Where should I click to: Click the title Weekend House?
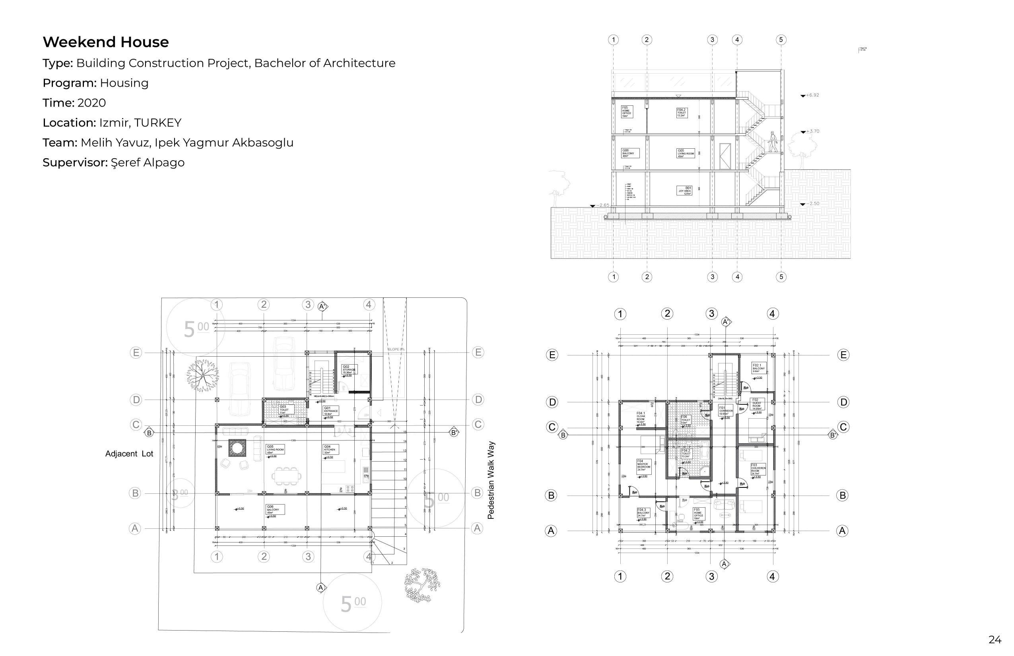(x=106, y=42)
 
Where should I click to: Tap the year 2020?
(x=91, y=103)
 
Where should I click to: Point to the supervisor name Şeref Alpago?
(x=148, y=163)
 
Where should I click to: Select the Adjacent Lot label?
(x=129, y=454)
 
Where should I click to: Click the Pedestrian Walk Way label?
(x=491, y=480)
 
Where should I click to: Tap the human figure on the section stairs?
(x=772, y=142)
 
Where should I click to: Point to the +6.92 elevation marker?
(x=810, y=95)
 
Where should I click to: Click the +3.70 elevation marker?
(x=810, y=132)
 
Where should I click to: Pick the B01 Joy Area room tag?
(x=684, y=190)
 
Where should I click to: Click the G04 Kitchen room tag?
(x=330, y=449)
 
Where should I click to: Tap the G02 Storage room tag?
(x=349, y=369)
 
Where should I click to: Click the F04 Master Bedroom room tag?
(x=643, y=465)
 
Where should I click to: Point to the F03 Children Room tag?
(x=758, y=469)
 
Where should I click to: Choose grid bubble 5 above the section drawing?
(x=781, y=40)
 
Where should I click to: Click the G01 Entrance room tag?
(x=330, y=411)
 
